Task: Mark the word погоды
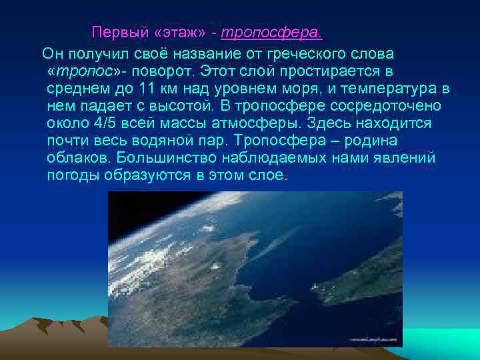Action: (x=74, y=176)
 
